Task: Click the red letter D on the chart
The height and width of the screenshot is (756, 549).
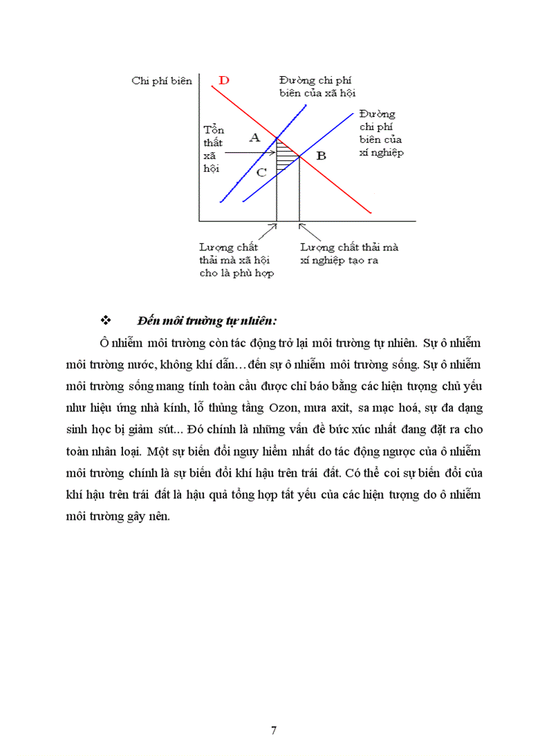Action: pos(225,81)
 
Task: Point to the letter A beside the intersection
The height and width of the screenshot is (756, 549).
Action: pos(254,138)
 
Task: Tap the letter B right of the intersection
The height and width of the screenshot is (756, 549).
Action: pos(321,156)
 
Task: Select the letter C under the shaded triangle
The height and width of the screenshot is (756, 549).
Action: pos(262,172)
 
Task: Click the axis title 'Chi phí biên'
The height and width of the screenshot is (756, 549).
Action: pos(162,81)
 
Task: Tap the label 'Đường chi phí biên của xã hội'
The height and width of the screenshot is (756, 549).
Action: pos(317,87)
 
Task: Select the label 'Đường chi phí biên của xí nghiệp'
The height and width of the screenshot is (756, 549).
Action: pos(381,133)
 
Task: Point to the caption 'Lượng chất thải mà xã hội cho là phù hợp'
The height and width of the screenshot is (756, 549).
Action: pos(237,260)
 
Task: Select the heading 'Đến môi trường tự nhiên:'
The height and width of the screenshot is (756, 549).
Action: pos(207,319)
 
